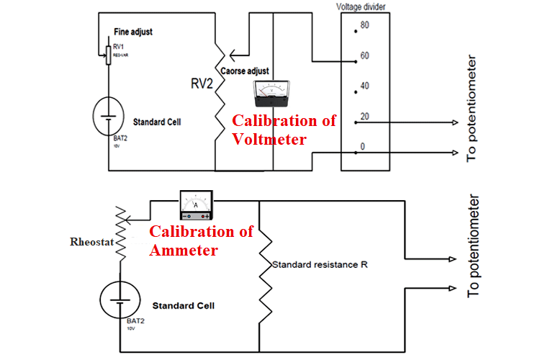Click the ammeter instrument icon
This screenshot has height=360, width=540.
click(196, 204)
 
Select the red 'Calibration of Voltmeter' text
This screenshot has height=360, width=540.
click(284, 130)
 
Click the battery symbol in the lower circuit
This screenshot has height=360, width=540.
click(120, 297)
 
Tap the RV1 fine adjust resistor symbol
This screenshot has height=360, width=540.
click(109, 53)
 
